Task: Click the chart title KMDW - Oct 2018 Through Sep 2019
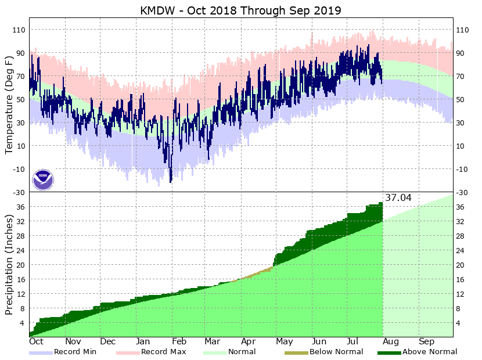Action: click(x=240, y=10)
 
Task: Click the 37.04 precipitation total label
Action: click(x=398, y=198)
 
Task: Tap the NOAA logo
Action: click(x=43, y=179)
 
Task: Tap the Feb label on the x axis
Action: click(x=178, y=342)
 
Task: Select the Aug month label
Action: click(x=391, y=342)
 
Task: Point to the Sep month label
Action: click(x=427, y=342)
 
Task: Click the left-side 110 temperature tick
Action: click(x=19, y=30)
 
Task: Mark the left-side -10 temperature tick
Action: click(x=19, y=169)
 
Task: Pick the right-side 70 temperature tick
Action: click(x=462, y=76)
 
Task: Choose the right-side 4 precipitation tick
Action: click(x=459, y=323)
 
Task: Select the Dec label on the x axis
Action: click(x=108, y=342)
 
